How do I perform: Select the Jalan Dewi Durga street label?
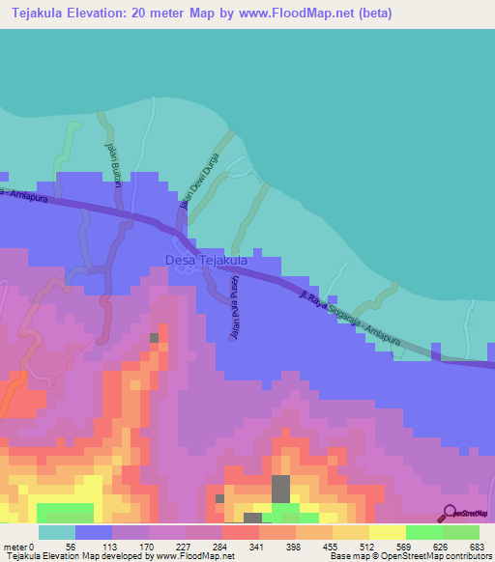[x=200, y=180]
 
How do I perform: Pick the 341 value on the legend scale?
[x=257, y=547]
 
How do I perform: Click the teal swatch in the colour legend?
[x=56, y=532]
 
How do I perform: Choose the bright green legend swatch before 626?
[x=423, y=532]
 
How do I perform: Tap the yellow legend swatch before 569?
[x=387, y=532]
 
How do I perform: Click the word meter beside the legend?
[x=15, y=547]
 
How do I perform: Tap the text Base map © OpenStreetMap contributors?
[x=410, y=556]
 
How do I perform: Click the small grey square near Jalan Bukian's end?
[x=154, y=337]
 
